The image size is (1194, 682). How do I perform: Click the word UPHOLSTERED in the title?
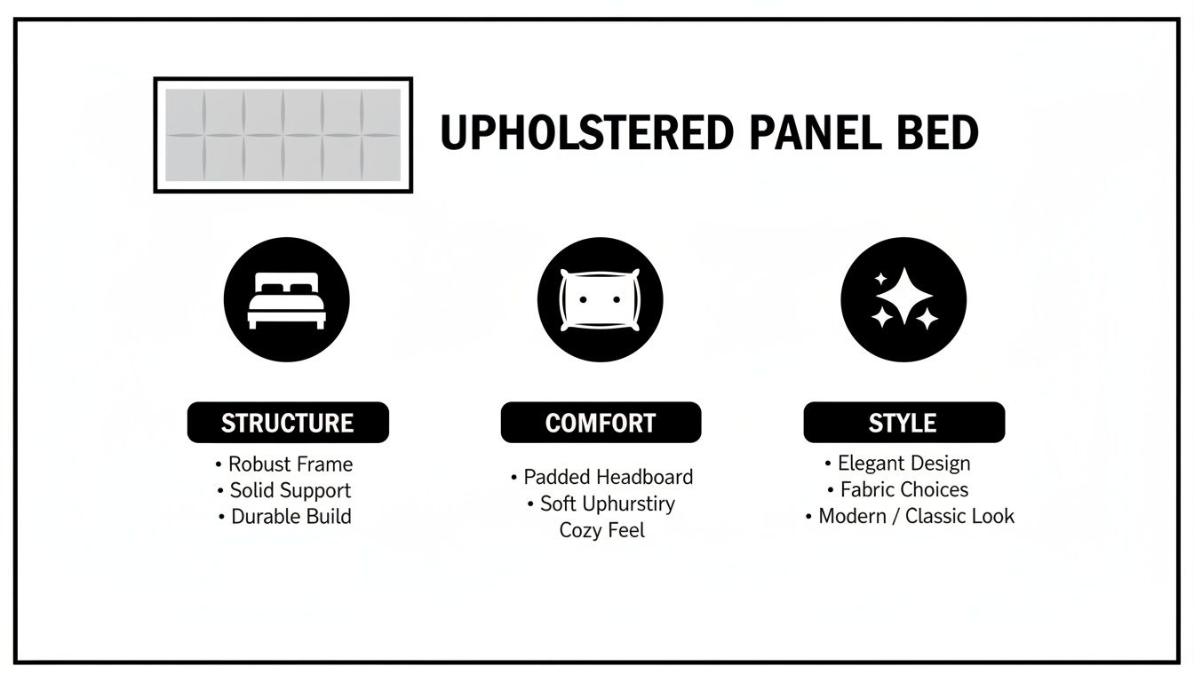click(586, 133)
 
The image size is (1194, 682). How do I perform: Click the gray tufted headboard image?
click(283, 135)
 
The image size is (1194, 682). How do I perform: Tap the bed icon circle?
click(286, 299)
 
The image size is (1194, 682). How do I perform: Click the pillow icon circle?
click(600, 299)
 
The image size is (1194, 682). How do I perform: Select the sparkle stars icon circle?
click(903, 299)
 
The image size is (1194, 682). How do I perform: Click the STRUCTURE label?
click(288, 423)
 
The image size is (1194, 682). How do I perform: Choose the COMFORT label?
click(601, 423)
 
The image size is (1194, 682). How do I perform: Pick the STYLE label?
click(903, 422)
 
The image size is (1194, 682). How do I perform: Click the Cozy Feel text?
click(601, 530)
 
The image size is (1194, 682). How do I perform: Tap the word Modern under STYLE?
click(854, 516)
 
